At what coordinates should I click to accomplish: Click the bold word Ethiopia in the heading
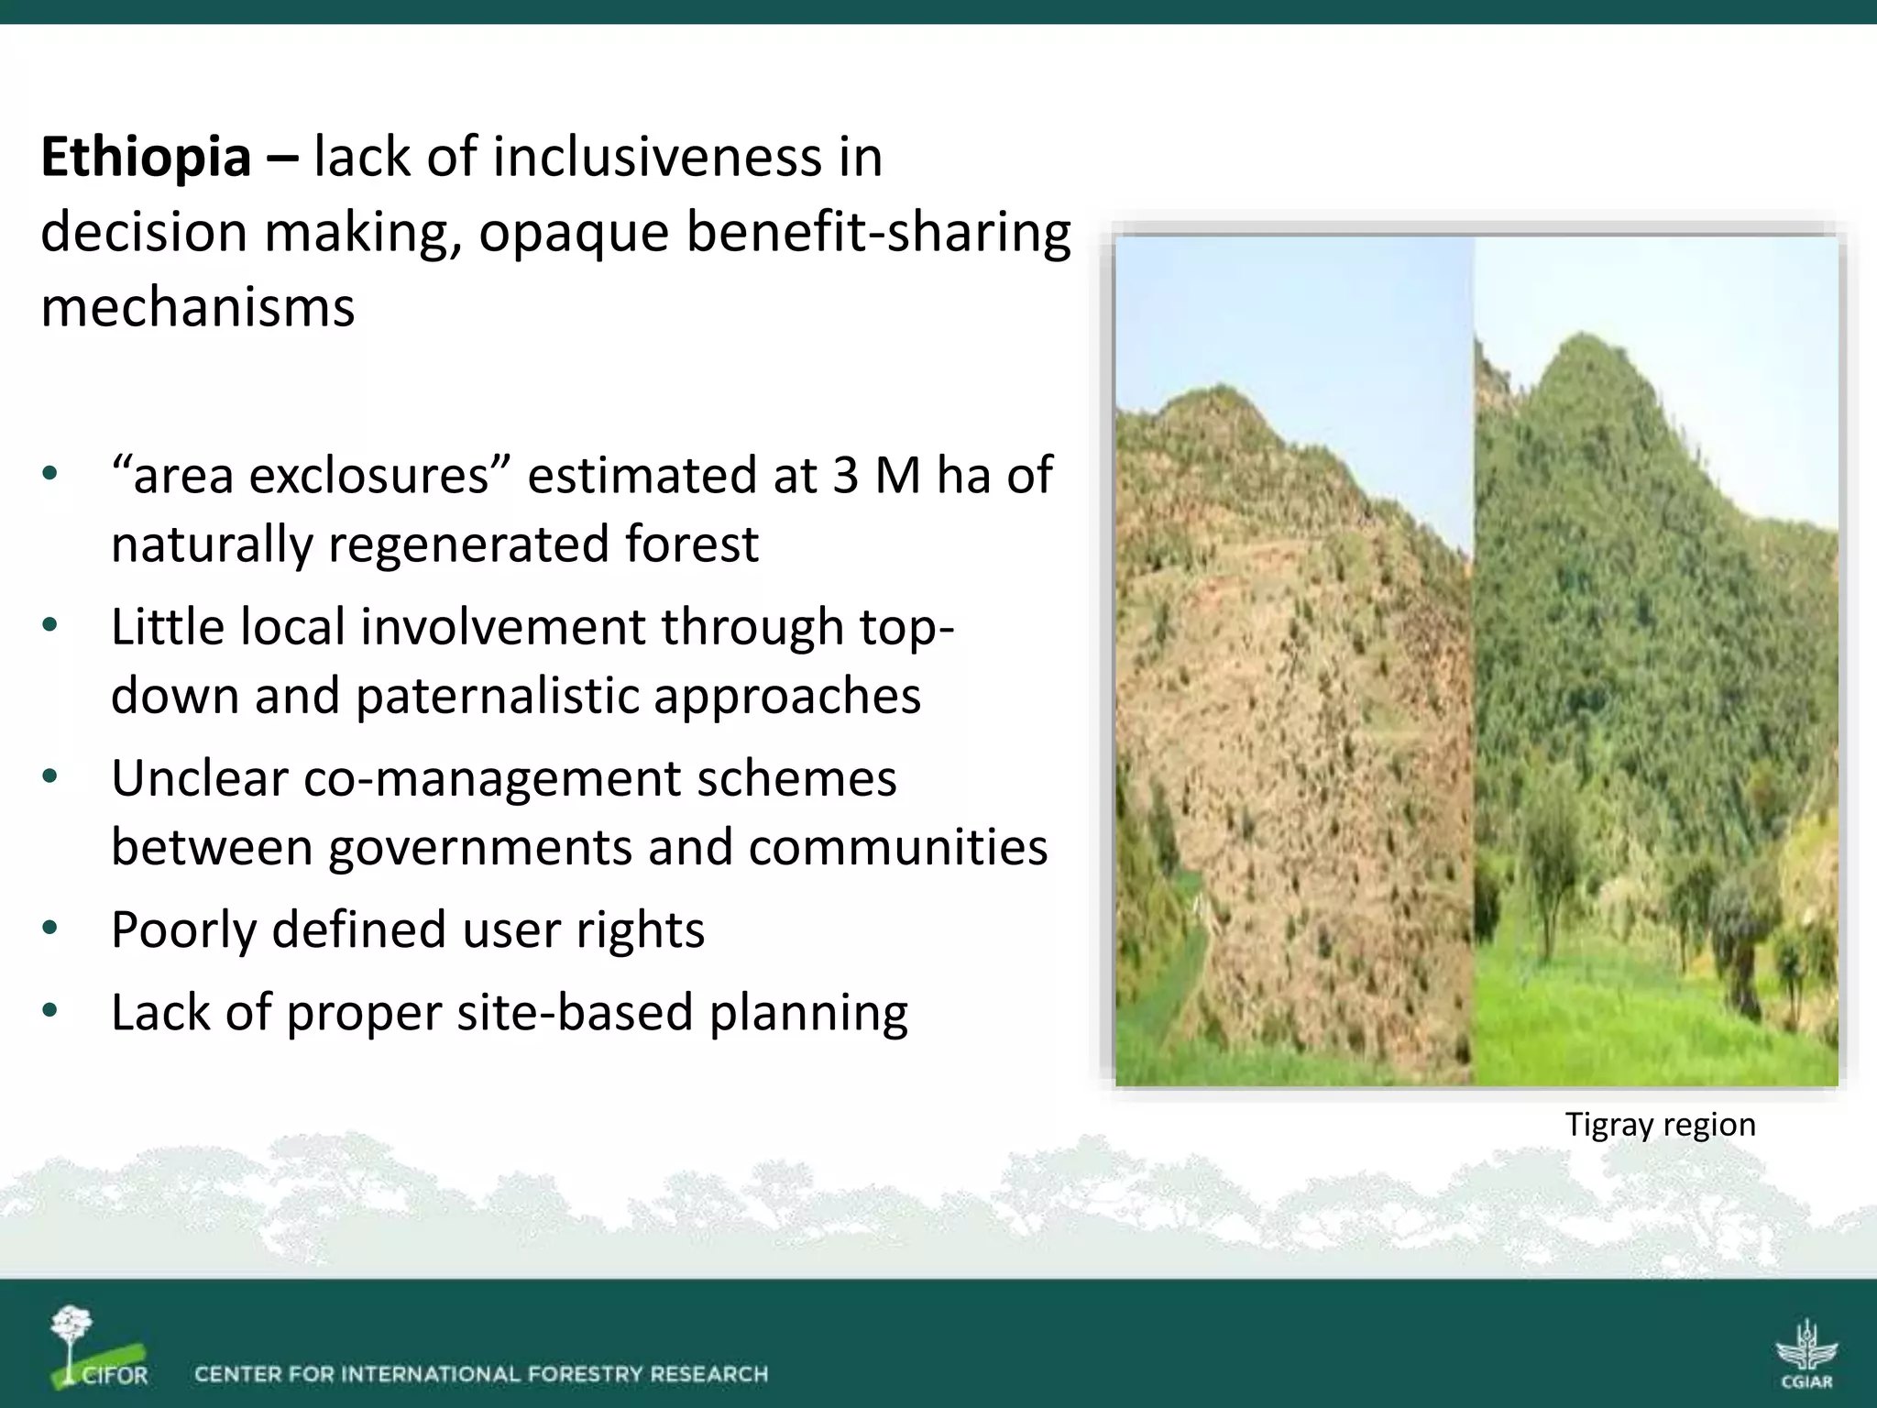point(146,158)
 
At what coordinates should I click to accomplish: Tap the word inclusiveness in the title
point(657,158)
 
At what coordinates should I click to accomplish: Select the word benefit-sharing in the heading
point(878,232)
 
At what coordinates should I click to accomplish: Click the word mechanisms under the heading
point(197,307)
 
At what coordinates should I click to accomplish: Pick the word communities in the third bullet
point(897,847)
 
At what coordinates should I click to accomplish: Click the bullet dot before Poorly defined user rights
point(49,929)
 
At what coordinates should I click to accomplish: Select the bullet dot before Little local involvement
point(49,626)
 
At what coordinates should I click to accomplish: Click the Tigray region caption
point(1660,1124)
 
